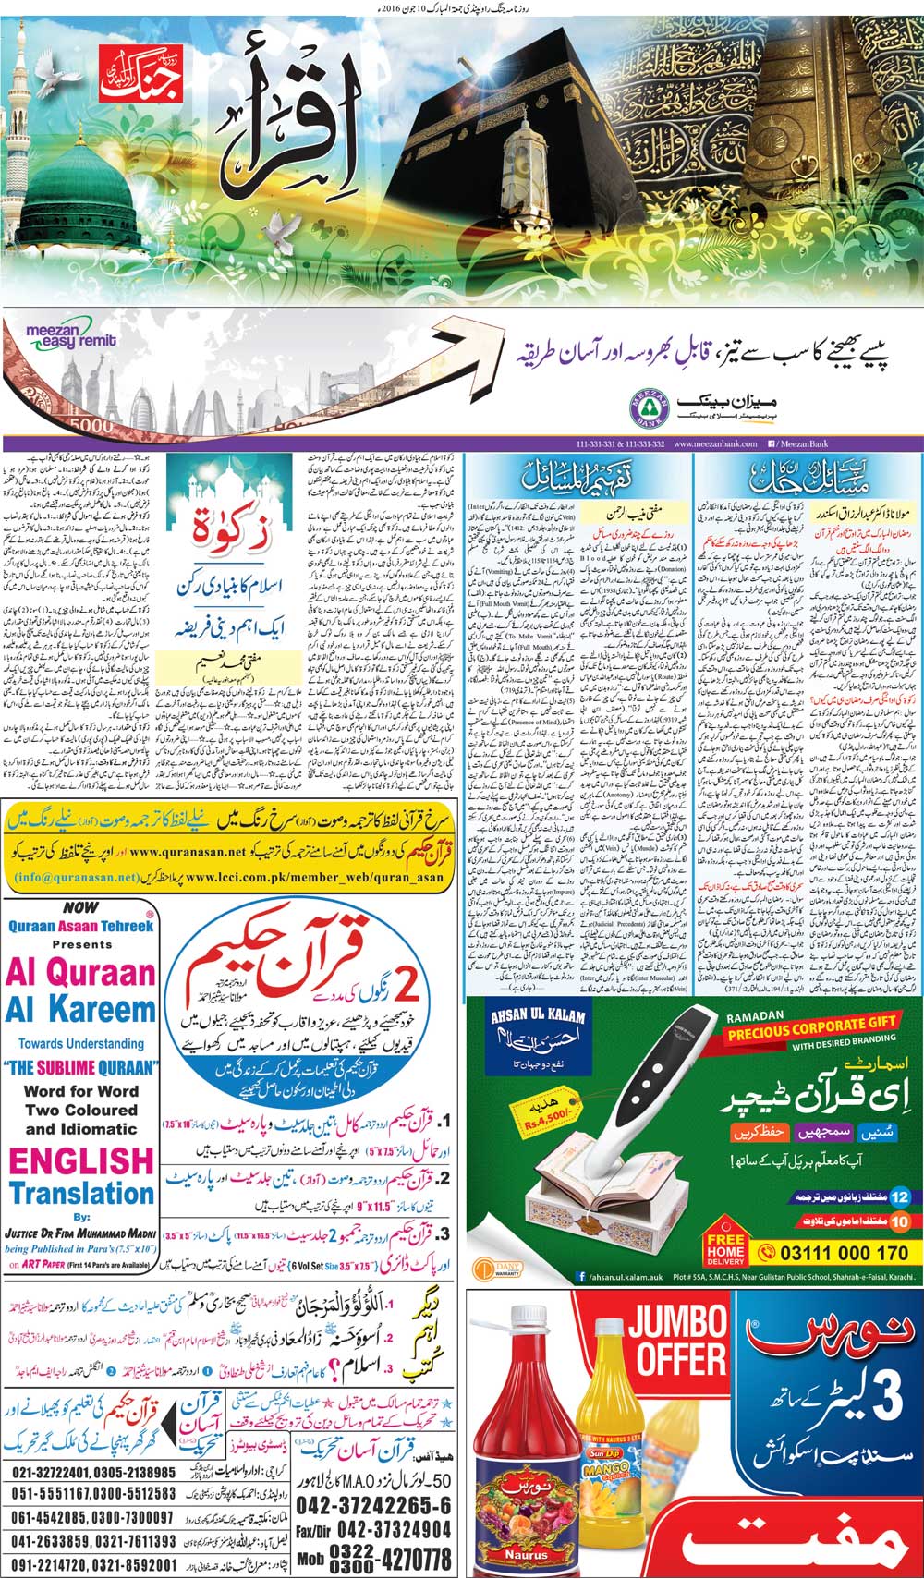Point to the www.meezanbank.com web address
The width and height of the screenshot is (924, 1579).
711,445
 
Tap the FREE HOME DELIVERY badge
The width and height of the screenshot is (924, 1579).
724,1248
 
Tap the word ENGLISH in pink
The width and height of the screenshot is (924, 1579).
81,1160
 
